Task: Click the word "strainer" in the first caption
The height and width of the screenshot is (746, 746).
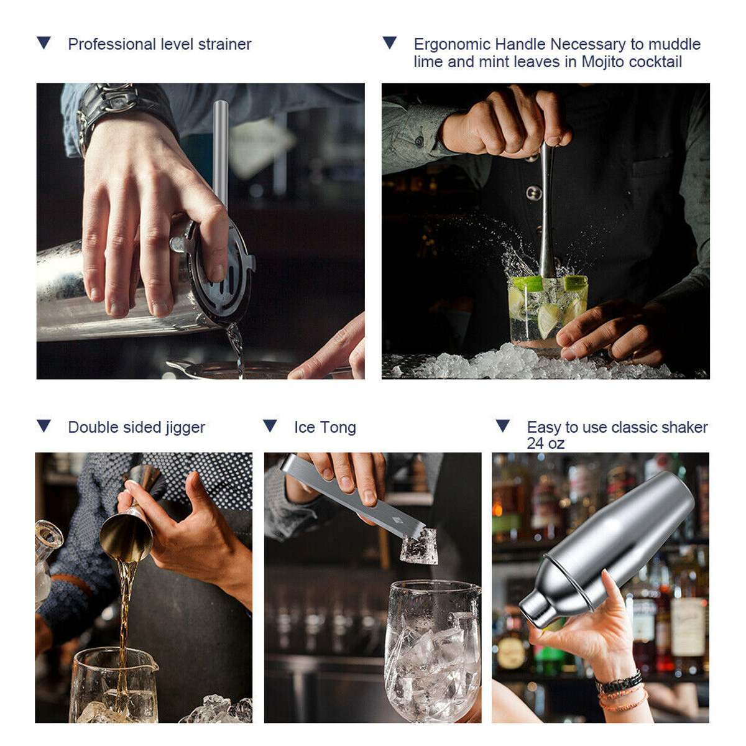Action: click(224, 44)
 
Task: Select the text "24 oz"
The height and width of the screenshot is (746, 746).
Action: click(545, 443)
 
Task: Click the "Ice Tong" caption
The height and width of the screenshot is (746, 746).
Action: click(325, 427)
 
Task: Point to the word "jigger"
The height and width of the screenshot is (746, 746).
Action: click(185, 428)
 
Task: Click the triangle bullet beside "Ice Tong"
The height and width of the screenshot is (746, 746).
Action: click(270, 426)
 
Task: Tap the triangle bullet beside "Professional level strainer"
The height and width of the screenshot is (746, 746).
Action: click(44, 43)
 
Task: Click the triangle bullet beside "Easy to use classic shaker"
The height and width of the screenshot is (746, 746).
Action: click(502, 426)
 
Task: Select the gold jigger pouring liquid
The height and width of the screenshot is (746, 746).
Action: click(127, 532)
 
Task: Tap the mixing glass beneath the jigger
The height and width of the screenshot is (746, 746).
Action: click(112, 684)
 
